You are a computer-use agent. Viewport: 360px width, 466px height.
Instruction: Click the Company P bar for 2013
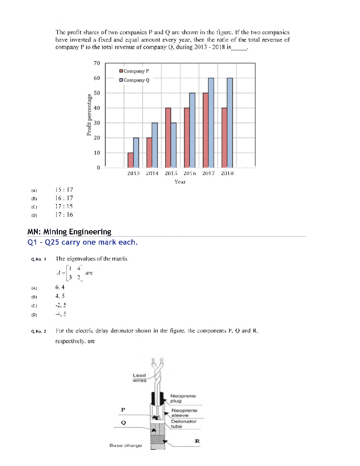click(x=131, y=160)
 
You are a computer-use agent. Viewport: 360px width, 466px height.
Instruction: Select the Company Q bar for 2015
click(x=174, y=145)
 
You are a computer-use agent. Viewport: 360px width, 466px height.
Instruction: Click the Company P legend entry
click(x=134, y=71)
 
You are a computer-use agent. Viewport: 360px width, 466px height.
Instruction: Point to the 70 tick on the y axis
click(x=97, y=63)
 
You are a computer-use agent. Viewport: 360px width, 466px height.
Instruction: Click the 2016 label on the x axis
click(x=190, y=173)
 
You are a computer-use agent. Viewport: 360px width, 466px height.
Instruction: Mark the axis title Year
click(x=180, y=182)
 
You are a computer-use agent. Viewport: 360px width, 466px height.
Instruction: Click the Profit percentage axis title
click(x=89, y=115)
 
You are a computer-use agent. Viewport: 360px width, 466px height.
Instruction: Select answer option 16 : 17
click(x=64, y=198)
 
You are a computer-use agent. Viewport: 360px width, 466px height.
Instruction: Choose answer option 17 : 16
click(x=64, y=215)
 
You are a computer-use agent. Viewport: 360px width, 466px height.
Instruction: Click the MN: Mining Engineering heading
click(x=69, y=232)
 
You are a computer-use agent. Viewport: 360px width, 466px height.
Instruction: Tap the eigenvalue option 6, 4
click(x=60, y=287)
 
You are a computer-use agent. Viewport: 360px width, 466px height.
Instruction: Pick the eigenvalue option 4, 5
click(x=60, y=296)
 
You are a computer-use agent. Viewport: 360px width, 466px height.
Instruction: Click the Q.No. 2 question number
click(x=38, y=331)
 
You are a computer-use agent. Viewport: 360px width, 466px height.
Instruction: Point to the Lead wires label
click(x=139, y=378)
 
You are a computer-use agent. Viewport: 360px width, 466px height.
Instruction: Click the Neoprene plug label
click(x=183, y=398)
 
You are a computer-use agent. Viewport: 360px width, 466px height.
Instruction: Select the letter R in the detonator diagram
click(x=197, y=441)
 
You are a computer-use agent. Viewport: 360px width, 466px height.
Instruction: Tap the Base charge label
click(x=126, y=445)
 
